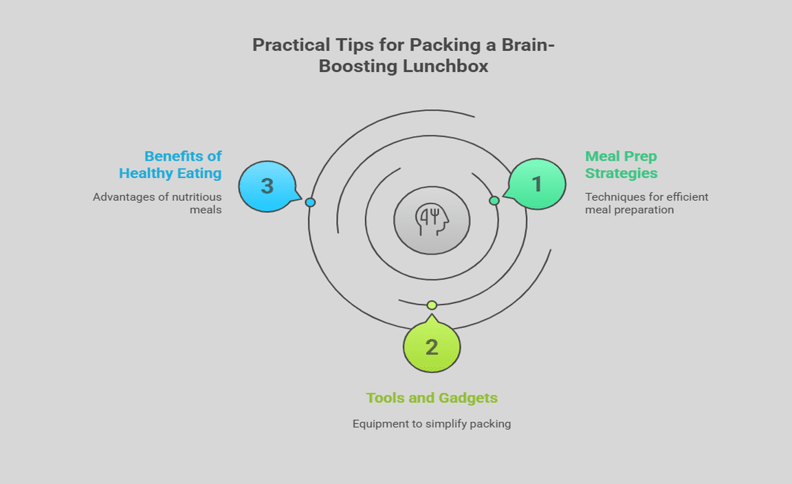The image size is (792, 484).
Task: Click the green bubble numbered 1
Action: [x=538, y=184]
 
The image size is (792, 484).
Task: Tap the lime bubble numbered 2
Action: [x=432, y=347]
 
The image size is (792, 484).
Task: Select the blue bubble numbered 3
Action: [x=267, y=186]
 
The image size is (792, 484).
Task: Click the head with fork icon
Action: [x=432, y=221]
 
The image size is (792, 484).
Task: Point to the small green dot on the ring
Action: [x=494, y=201]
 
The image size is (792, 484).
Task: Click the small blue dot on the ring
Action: [x=310, y=202]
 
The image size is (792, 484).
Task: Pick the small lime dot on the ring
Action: [x=432, y=305]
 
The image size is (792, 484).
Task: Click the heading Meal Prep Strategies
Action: [x=621, y=164]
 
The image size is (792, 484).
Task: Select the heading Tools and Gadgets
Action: [x=432, y=398]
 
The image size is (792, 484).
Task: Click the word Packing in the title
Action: [x=441, y=45]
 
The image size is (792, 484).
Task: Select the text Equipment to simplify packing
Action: [x=432, y=423]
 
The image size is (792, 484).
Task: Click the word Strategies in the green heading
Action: [x=621, y=173]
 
